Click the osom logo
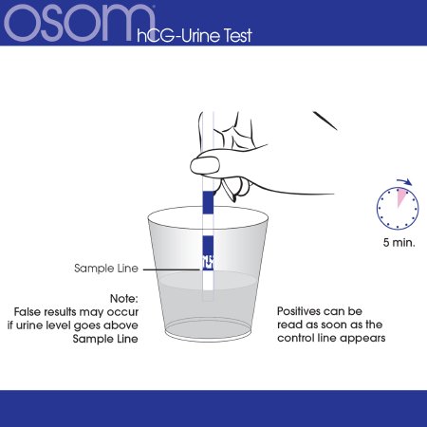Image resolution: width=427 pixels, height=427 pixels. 80,22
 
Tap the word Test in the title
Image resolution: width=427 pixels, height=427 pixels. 238,35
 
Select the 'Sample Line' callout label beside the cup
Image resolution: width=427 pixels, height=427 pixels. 106,269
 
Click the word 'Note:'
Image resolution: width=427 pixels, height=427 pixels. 124,298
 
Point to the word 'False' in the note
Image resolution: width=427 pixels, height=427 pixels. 28,312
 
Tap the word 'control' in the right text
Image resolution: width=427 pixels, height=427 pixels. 296,338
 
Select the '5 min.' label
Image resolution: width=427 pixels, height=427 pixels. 399,243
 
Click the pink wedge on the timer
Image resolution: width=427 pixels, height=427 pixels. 400,196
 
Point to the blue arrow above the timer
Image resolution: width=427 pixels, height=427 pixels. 404,181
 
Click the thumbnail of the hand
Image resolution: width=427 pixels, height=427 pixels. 205,165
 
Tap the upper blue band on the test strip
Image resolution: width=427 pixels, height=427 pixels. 208,202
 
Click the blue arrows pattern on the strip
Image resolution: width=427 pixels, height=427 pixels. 208,262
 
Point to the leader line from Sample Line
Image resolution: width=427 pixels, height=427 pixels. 173,269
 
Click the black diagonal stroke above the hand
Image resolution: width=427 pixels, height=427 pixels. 325,121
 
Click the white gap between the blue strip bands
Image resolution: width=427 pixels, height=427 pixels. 208,224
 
